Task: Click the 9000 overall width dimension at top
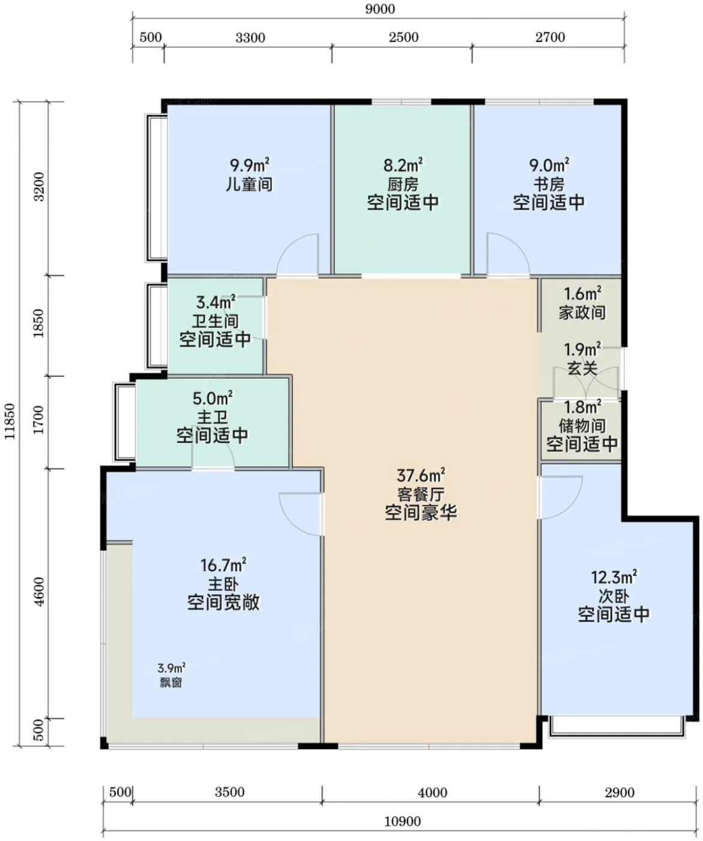379,9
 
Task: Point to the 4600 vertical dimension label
40,592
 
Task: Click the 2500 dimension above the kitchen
404,37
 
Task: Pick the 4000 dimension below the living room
433,792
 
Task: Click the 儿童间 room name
249,184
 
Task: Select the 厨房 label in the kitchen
403,184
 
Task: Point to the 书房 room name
549,184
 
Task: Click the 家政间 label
582,312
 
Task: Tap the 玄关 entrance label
582,368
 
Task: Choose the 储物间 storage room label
582,426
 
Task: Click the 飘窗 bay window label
171,682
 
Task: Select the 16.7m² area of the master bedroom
223,565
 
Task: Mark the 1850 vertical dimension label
38,323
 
